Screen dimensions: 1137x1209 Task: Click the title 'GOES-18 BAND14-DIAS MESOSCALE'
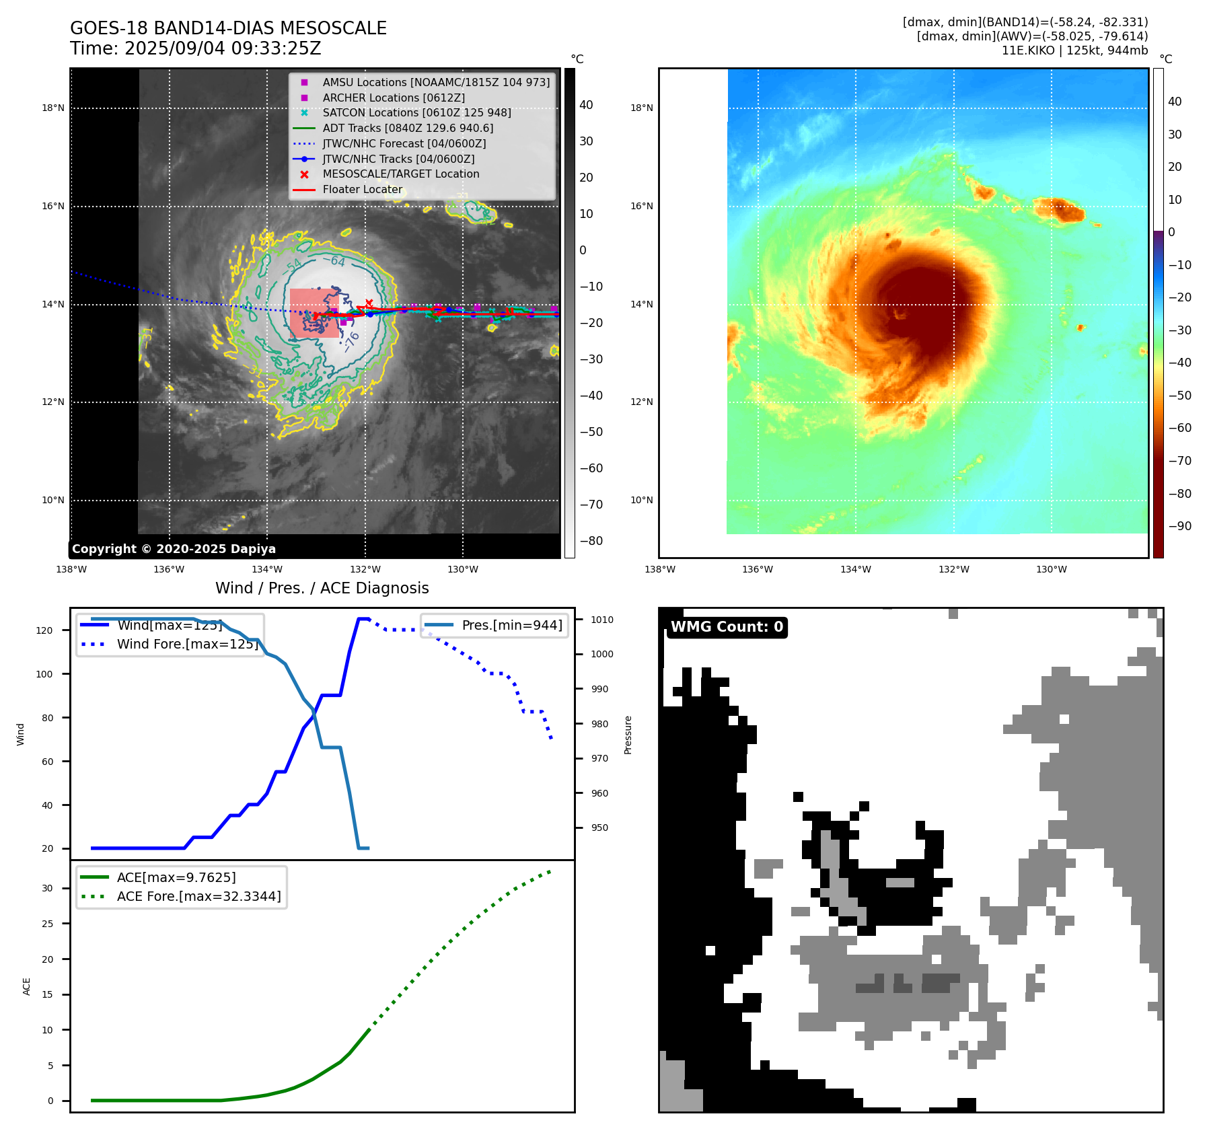coord(228,28)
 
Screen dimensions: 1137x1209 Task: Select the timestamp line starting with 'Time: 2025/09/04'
coord(195,48)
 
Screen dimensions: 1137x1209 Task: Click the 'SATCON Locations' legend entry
coord(416,112)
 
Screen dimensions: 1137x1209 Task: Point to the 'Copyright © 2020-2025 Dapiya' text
coord(174,549)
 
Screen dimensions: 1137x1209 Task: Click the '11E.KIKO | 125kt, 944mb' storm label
coord(1074,50)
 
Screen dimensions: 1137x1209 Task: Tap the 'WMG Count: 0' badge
coord(727,627)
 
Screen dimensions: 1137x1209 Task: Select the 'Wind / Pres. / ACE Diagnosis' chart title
coord(322,588)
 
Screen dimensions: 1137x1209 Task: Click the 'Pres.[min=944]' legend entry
coord(511,625)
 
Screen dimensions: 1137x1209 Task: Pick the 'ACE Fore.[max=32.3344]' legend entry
coord(198,896)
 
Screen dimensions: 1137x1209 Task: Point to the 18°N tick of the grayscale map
coord(53,108)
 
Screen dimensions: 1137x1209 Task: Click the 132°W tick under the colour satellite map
coord(954,569)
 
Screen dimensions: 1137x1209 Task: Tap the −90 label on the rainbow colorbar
coord(1179,526)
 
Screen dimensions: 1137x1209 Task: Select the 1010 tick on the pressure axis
coord(602,620)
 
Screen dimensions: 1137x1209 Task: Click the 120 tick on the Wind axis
coord(44,630)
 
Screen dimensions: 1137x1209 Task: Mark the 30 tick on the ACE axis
coord(47,888)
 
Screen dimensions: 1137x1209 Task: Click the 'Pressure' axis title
coord(628,735)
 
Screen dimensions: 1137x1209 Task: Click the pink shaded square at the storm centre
coord(314,313)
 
